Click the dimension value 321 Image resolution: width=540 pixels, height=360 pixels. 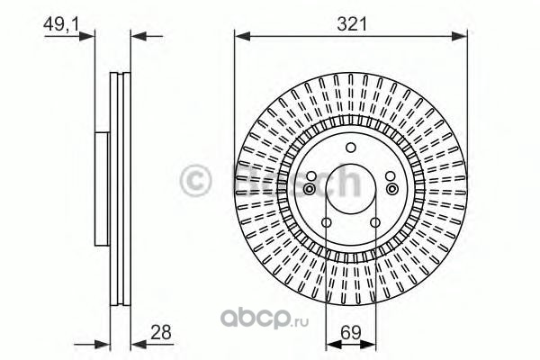[x=352, y=24]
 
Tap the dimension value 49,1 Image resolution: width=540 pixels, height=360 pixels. [x=61, y=25]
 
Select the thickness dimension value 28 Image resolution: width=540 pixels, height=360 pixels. [x=161, y=332]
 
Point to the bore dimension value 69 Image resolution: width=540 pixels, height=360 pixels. [x=351, y=332]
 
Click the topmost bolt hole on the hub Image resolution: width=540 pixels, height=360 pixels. [x=351, y=148]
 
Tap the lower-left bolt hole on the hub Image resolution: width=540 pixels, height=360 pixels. [x=327, y=222]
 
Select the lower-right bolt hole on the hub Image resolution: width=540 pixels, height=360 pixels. [x=375, y=222]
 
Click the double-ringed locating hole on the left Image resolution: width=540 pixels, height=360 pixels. [x=310, y=189]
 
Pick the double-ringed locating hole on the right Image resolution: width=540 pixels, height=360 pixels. [x=391, y=189]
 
